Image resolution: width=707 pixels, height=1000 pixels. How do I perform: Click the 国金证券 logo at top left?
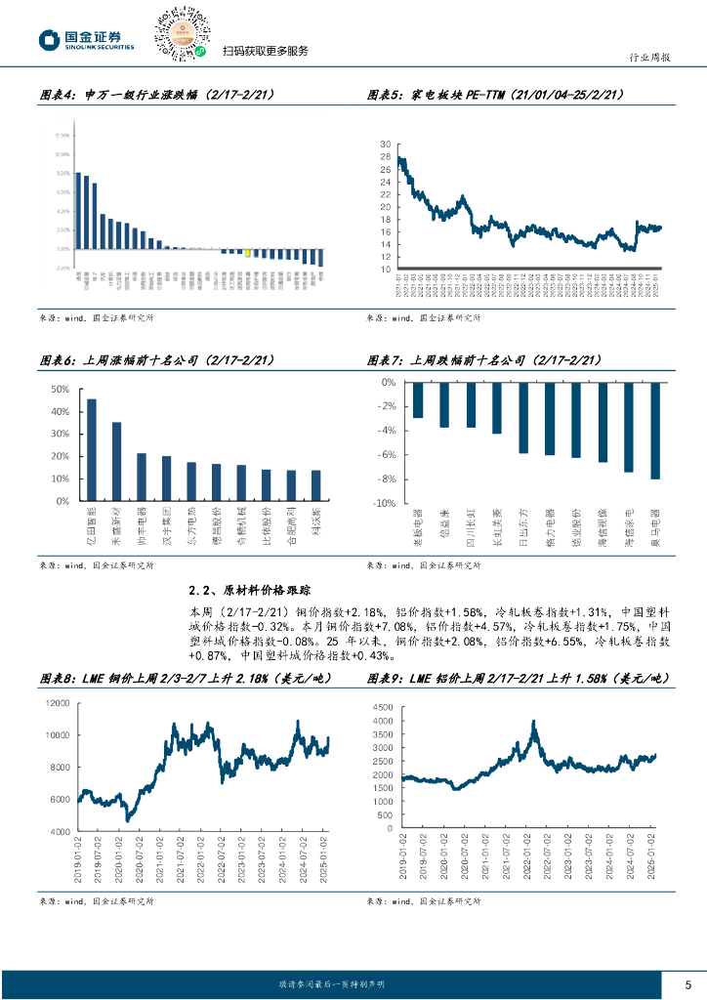pyautogui.click(x=86, y=40)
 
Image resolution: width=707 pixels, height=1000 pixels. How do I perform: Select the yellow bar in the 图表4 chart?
pyautogui.click(x=248, y=252)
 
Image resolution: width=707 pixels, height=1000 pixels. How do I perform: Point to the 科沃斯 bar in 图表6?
pyautogui.click(x=315, y=485)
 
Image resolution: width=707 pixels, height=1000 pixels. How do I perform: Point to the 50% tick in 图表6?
pyautogui.click(x=61, y=389)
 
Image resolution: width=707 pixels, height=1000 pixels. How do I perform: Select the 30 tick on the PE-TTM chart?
pyautogui.click(x=386, y=145)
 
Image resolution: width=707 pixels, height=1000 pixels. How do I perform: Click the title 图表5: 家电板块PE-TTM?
pyautogui.click(x=497, y=95)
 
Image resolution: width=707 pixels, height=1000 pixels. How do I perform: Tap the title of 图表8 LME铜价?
pyautogui.click(x=185, y=678)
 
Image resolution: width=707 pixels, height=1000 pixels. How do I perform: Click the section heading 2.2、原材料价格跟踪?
pyautogui.click(x=248, y=590)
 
